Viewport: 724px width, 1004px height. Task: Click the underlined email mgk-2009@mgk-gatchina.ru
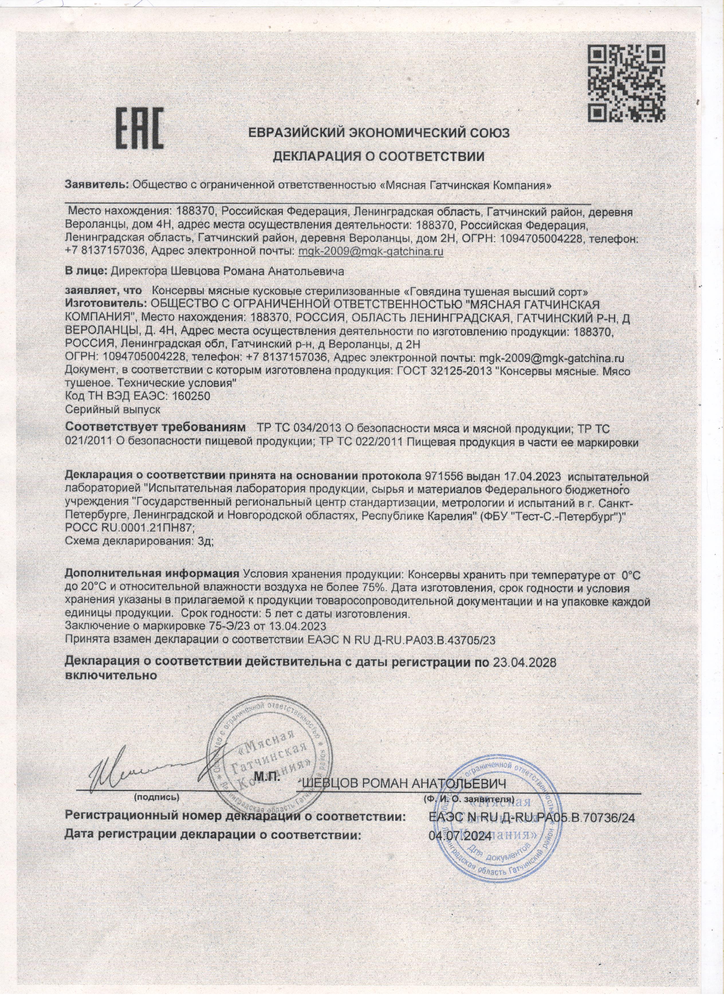point(371,251)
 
